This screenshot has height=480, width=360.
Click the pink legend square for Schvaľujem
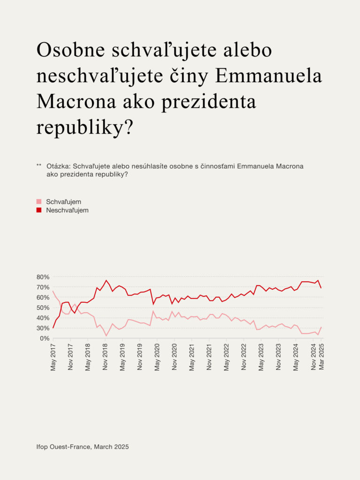[x=39, y=202]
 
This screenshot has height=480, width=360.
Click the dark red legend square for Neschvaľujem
[x=39, y=210]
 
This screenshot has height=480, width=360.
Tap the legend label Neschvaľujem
[x=67, y=210]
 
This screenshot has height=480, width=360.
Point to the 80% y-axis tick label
[x=43, y=277]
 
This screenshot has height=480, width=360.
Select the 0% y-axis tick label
[x=45, y=338]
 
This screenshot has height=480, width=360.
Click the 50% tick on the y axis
[x=43, y=307]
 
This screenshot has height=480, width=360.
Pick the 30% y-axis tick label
[x=43, y=328]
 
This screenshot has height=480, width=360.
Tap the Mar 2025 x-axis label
[x=322, y=357]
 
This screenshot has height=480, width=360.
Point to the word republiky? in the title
[x=85, y=127]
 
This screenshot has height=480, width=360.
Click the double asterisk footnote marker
[x=39, y=166]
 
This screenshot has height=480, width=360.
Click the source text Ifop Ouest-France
[x=64, y=447]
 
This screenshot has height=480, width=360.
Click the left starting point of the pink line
[x=53, y=291]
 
